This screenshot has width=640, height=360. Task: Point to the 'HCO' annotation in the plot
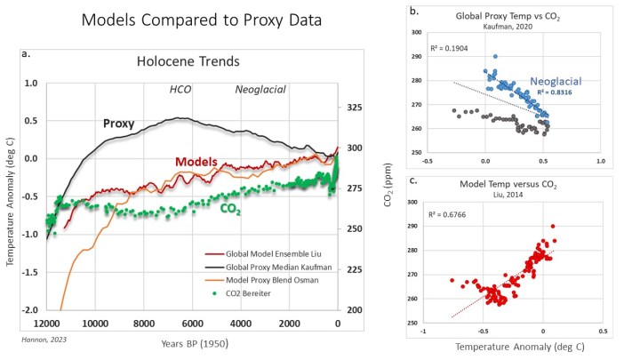point(181,91)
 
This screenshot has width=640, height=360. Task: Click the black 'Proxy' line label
point(118,124)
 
